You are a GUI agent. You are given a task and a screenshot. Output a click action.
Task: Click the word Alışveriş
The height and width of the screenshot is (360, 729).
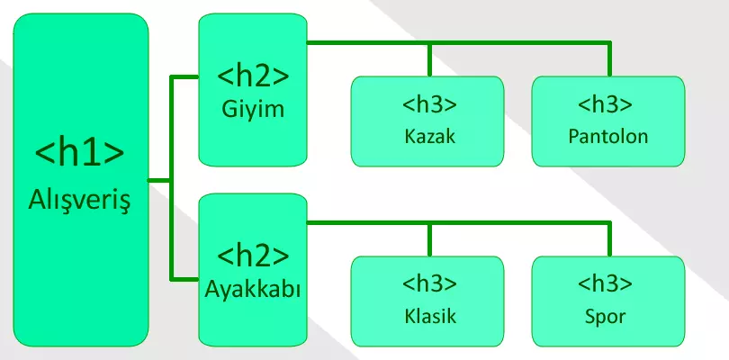coord(80,197)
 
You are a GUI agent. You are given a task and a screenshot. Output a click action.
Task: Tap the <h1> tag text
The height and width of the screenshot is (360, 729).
coord(79,152)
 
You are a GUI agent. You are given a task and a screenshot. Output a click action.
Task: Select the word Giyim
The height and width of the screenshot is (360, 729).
coord(252,111)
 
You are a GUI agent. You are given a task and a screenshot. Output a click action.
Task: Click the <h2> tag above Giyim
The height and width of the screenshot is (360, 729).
coord(252,75)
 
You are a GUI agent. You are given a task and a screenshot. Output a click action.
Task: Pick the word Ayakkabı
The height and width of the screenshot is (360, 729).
coord(253,291)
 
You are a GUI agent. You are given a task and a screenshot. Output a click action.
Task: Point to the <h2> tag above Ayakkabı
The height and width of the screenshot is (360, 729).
coord(253,255)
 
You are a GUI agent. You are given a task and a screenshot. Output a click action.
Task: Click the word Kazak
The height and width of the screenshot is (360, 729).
coord(430,138)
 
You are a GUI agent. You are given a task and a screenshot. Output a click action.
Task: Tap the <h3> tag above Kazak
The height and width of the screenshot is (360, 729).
coord(430,103)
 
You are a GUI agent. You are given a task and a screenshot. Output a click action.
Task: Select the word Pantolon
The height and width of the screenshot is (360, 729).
coord(608,138)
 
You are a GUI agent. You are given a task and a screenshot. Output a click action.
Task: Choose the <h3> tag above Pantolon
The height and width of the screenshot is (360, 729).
coord(608,103)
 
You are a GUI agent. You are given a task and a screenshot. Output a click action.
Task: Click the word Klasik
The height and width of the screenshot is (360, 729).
coord(430,317)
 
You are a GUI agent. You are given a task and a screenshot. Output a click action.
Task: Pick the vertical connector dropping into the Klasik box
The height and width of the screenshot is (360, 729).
coord(430,239)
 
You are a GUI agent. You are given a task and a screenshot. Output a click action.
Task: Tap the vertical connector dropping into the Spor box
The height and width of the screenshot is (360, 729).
coord(609,239)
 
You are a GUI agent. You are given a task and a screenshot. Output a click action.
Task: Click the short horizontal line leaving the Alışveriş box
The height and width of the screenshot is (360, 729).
coord(159,180)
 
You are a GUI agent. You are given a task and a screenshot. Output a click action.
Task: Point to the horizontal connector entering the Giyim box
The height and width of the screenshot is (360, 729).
coord(184,78)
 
